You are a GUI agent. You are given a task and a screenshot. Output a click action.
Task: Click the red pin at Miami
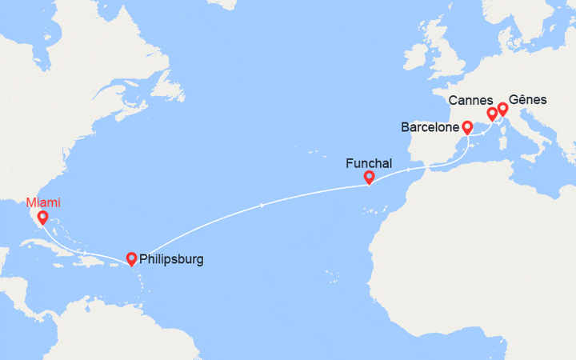pos(42,217)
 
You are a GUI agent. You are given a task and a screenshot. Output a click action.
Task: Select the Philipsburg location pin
pos(131,258)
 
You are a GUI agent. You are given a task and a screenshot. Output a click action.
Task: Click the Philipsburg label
pos(171,259)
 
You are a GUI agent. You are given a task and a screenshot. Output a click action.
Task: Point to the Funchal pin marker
pos(369,178)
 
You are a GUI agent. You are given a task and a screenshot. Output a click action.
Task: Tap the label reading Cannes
pos(471,100)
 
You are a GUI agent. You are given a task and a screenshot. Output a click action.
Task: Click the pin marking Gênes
pos(502,108)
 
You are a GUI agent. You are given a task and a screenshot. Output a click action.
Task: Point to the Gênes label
pos(528,100)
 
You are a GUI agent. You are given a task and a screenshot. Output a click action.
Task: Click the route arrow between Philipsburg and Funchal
pos(264,206)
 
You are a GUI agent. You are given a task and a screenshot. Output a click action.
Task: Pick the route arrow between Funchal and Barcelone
pos(410,170)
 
